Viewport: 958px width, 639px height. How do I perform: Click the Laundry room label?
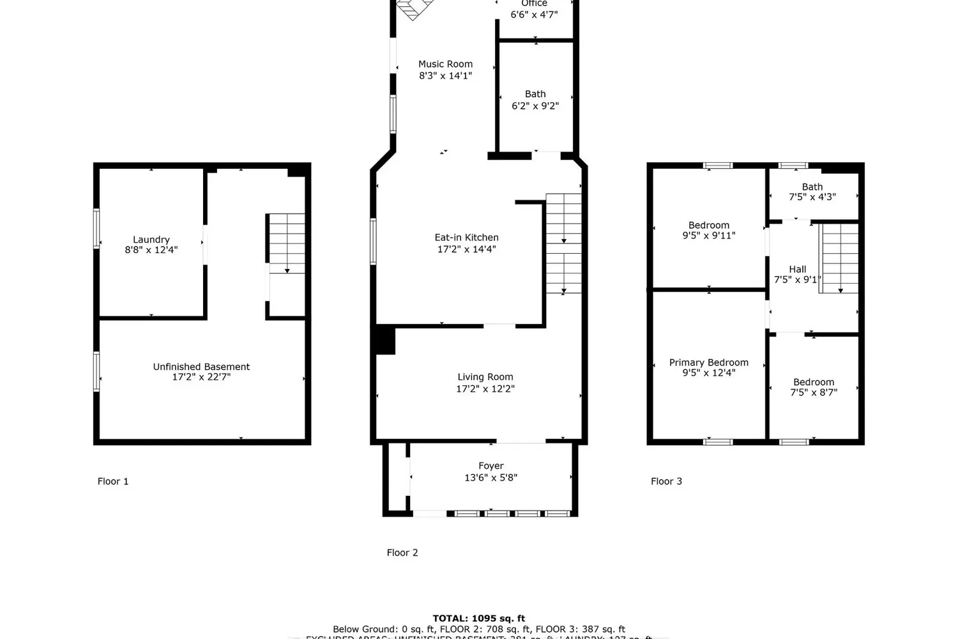tap(151, 240)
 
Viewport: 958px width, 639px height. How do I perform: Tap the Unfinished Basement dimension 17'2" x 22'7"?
tap(201, 377)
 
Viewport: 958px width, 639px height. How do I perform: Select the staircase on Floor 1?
tap(286, 243)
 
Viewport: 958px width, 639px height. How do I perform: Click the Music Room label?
tap(445, 64)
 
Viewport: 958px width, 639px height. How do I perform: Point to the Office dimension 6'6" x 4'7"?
tap(534, 14)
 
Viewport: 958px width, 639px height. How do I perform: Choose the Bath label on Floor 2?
tap(535, 94)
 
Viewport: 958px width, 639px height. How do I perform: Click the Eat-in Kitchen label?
tap(466, 237)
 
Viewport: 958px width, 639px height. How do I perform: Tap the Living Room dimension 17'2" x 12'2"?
tap(485, 389)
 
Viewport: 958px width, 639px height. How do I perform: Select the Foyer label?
tap(490, 466)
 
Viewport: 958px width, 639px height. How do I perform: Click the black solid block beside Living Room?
tap(385, 340)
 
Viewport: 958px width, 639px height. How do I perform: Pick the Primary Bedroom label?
tap(708, 362)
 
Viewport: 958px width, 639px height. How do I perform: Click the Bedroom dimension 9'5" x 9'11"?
tap(708, 235)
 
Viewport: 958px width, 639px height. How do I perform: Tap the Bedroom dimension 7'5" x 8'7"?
tap(813, 392)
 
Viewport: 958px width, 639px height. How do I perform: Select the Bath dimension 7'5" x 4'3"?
tap(812, 197)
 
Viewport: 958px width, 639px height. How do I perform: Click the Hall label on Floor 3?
tap(797, 269)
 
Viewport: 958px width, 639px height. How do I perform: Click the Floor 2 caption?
tap(402, 553)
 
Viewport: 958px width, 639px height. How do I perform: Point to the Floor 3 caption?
tap(666, 481)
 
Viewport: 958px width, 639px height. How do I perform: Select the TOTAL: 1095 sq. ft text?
tap(478, 618)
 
